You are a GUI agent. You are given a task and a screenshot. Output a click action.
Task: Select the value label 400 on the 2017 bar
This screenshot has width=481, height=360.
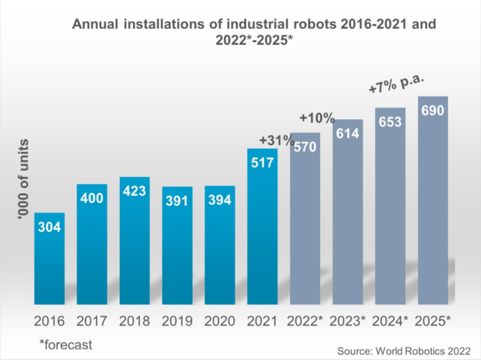coord(92,199)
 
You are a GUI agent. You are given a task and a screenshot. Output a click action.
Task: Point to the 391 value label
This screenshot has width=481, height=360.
coord(177,202)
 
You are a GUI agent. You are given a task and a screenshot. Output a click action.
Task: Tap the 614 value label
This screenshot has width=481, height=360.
coord(348,134)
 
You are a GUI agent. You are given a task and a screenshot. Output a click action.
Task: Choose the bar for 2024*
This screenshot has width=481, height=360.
coord(390,211)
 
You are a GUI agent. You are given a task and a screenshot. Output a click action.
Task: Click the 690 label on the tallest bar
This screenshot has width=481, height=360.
coord(433,110)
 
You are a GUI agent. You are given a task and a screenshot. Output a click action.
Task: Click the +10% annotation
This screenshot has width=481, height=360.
coord(317,118)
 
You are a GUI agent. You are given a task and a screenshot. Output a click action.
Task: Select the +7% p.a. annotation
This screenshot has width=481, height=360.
coord(397,83)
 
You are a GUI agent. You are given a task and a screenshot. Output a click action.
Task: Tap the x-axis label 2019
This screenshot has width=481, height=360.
coord(177,321)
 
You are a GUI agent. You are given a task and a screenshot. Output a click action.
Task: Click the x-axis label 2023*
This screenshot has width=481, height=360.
coord(348,321)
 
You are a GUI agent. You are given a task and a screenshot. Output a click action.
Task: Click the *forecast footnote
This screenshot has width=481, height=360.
coord(66,344)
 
